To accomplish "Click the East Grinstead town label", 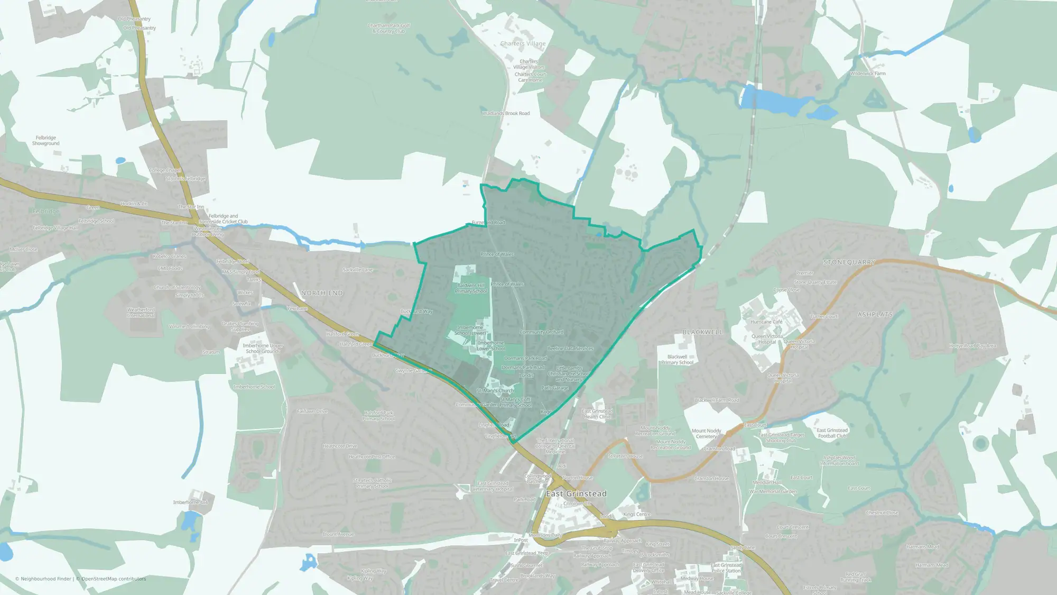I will [x=576, y=493].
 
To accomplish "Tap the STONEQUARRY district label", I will [x=849, y=262].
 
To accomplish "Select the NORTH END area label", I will [x=322, y=293].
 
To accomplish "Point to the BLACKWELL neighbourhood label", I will [x=702, y=332].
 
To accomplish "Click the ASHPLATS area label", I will [x=875, y=315].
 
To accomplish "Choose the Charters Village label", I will [x=523, y=44].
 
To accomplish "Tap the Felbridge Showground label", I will [x=46, y=141].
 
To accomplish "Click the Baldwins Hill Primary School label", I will [x=471, y=288].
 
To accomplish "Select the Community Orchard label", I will [x=541, y=332].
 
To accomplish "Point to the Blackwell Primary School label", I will [x=677, y=360].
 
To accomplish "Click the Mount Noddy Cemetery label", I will [x=706, y=434].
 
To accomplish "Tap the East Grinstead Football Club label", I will [x=832, y=433].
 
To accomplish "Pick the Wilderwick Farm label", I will [x=867, y=74].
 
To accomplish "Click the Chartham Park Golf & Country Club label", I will [x=388, y=29].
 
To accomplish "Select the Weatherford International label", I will [x=141, y=313].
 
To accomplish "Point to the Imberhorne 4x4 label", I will [x=190, y=502].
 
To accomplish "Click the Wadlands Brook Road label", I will [x=506, y=113].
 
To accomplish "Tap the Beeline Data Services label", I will [x=570, y=349].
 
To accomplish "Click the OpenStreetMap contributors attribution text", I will [x=114, y=579].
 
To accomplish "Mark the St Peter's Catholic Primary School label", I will [x=373, y=483].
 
